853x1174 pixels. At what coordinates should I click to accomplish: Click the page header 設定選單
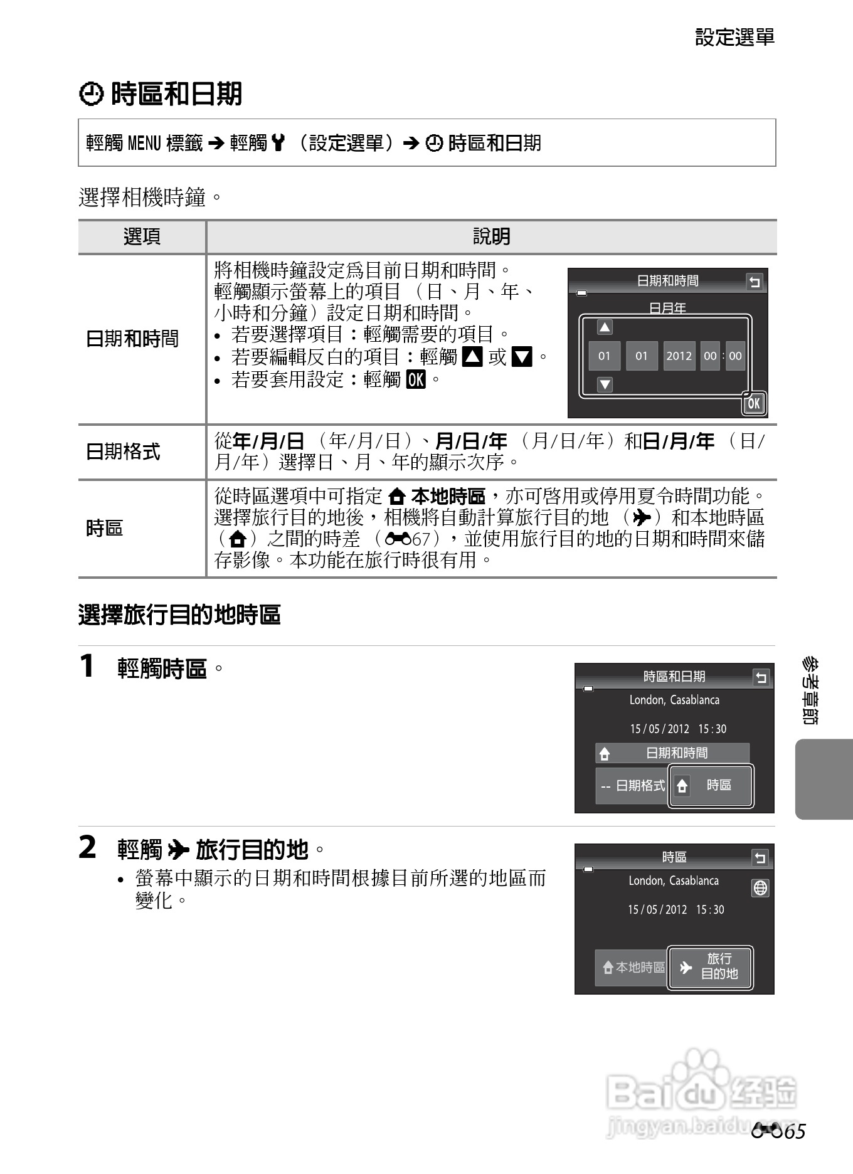(734, 38)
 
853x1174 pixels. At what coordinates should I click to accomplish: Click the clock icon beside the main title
(92, 95)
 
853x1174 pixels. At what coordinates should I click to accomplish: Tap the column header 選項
(142, 237)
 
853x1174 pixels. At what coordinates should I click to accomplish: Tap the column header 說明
(491, 237)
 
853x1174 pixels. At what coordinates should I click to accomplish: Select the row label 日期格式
(123, 452)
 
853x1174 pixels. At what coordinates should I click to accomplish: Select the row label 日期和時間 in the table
(132, 339)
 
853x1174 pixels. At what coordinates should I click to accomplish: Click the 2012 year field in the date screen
(679, 356)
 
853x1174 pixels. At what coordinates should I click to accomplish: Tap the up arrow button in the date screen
(605, 327)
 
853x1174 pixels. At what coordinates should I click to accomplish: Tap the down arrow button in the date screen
(605, 384)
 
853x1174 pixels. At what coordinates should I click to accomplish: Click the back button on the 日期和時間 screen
(755, 282)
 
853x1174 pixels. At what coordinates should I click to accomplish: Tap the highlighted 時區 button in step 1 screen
(711, 785)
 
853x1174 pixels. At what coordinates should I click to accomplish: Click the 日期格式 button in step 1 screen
(632, 785)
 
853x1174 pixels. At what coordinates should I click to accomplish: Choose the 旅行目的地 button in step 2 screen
(711, 966)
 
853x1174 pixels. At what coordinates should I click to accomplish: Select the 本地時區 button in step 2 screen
(632, 967)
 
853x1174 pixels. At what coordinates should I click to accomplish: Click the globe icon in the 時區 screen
(760, 888)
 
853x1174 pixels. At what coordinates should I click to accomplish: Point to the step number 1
(87, 666)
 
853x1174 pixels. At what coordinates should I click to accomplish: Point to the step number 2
(88, 847)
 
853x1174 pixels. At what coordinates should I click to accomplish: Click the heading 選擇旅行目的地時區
(179, 615)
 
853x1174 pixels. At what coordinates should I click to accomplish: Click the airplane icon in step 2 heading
(179, 850)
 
